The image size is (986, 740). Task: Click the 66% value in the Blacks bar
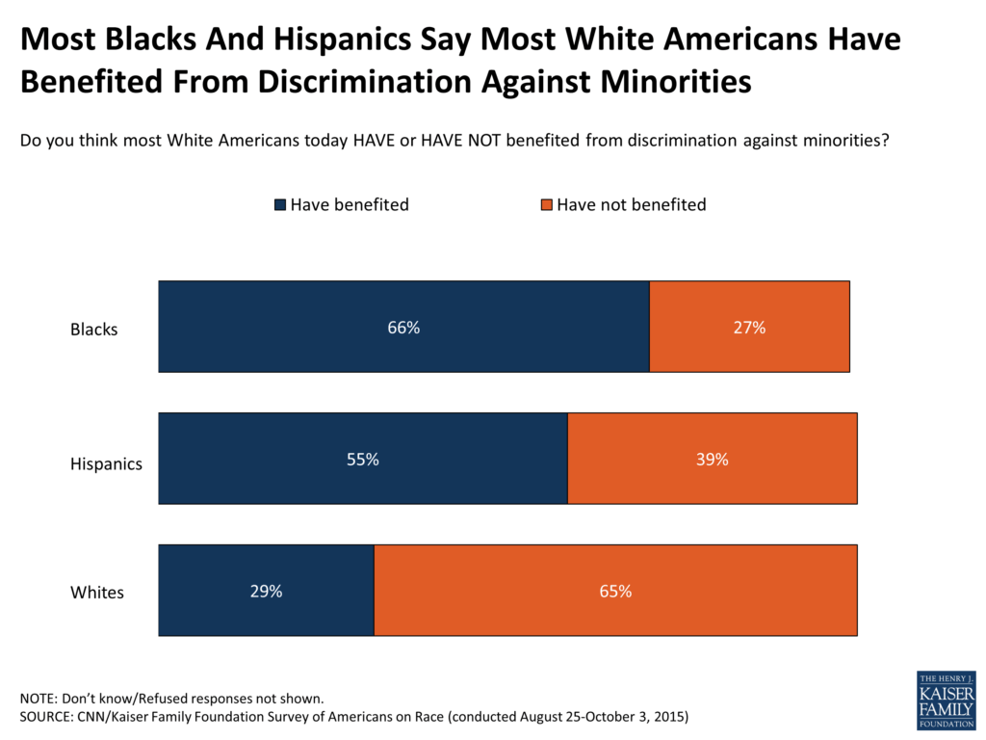pyautogui.click(x=403, y=328)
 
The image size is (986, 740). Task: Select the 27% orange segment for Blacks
pyautogui.click(x=749, y=328)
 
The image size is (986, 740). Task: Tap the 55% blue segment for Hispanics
pyautogui.click(x=363, y=460)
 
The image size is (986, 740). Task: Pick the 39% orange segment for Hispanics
pyautogui.click(x=712, y=460)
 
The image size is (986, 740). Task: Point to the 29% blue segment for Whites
pyautogui.click(x=266, y=591)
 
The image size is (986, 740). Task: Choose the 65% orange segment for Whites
pyautogui.click(x=615, y=591)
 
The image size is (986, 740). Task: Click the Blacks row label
pyautogui.click(x=93, y=330)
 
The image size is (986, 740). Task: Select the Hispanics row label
pyautogui.click(x=106, y=463)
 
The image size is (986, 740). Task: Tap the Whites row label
pyautogui.click(x=97, y=593)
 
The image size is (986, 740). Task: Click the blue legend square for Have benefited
pyautogui.click(x=281, y=205)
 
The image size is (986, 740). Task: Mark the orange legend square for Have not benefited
pyautogui.click(x=547, y=205)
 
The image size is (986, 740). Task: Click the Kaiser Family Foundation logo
pyautogui.click(x=946, y=699)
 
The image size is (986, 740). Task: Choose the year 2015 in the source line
pyautogui.click(x=668, y=717)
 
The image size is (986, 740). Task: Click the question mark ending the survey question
pyautogui.click(x=884, y=141)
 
